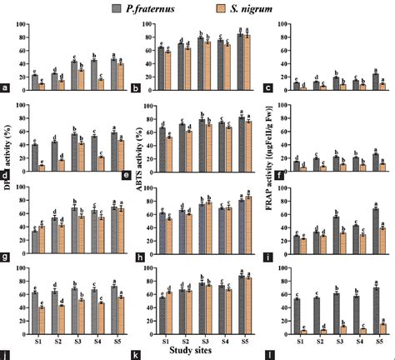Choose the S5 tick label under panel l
[x=378, y=340]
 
